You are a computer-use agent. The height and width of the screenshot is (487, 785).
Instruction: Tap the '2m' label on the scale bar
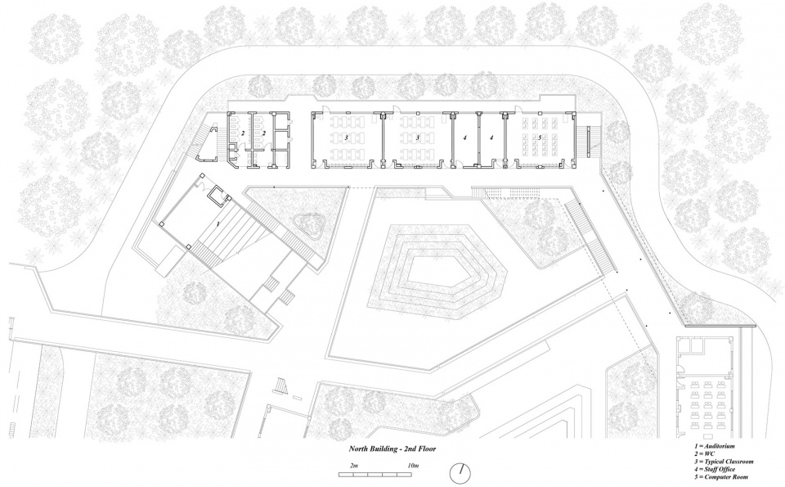[x=354, y=465]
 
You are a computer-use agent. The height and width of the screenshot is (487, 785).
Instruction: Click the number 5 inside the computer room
[x=541, y=138]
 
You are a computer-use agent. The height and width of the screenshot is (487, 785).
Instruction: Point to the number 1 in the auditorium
[x=218, y=223]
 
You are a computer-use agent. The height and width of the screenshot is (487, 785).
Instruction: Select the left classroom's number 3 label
[x=347, y=138]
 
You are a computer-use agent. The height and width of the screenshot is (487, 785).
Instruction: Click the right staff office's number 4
[x=491, y=138]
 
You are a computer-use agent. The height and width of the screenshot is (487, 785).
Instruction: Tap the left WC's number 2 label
[x=242, y=133]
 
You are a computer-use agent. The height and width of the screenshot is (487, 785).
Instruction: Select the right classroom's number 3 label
[x=417, y=138]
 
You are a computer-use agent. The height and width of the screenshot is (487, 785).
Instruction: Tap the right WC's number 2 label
[x=263, y=133]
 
